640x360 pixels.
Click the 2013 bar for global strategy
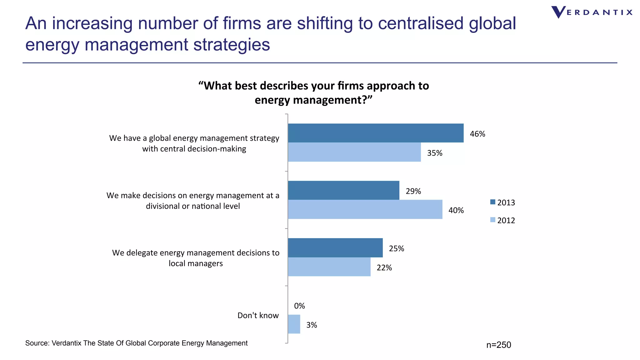375,133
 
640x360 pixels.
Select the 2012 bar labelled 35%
354,152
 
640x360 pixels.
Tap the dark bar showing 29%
343,190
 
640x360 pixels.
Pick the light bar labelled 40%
365,209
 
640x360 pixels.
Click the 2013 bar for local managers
335,248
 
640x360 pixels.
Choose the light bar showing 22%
329,267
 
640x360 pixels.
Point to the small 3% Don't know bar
294,324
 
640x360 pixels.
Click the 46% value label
477,134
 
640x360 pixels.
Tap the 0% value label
299,306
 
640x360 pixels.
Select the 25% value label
396,249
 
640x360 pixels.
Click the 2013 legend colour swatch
493,202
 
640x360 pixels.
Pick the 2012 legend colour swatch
493,220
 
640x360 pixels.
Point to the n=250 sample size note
498,345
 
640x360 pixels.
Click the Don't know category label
258,315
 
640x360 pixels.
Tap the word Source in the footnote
37,343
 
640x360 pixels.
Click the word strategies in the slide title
231,45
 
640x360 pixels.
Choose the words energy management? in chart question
313,100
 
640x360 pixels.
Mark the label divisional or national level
193,206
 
